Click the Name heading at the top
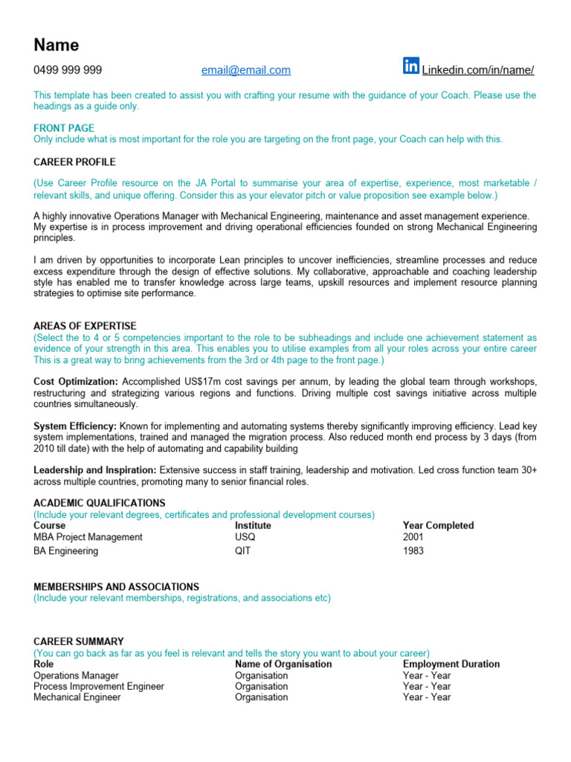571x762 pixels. click(x=57, y=45)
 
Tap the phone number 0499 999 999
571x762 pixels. click(x=68, y=71)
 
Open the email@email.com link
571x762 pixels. click(x=246, y=71)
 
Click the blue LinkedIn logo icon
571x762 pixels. click(x=411, y=66)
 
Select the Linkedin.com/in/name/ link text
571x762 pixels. click(x=478, y=71)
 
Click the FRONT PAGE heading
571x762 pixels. click(x=64, y=128)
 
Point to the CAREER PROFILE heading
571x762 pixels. click(x=74, y=161)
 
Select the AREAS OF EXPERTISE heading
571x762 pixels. click(x=85, y=326)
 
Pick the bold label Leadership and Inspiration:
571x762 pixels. click(x=95, y=470)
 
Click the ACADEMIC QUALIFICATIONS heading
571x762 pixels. click(x=100, y=503)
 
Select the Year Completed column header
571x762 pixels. click(x=438, y=525)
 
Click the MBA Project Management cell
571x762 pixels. click(x=88, y=537)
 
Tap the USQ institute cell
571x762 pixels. click(x=245, y=537)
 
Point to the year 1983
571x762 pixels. click(x=413, y=551)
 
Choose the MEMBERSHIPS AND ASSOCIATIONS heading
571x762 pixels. click(x=116, y=586)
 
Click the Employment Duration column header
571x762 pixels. click(x=451, y=664)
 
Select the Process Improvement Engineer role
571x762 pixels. click(x=99, y=686)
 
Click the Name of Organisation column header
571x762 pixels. click(x=283, y=664)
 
